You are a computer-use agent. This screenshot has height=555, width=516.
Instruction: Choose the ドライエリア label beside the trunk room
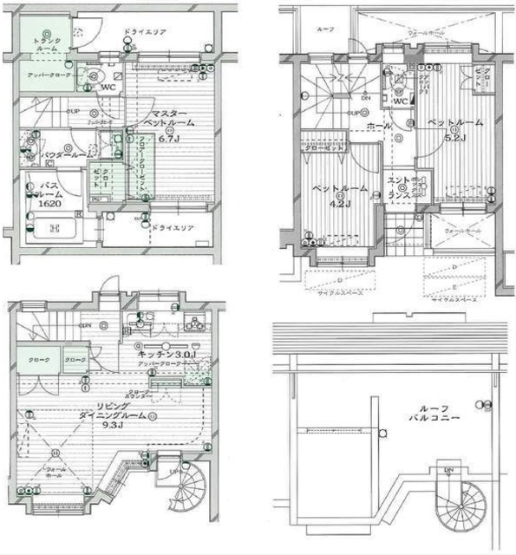coord(146,31)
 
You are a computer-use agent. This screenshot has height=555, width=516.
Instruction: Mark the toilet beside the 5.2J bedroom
coord(399,88)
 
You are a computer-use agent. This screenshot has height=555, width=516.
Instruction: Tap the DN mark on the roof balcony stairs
coord(449,472)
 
